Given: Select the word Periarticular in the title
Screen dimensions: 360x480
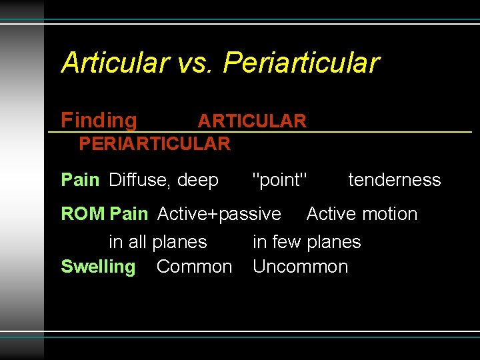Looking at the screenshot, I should tap(301, 63).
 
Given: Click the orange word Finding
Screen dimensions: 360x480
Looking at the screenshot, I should tap(99, 121).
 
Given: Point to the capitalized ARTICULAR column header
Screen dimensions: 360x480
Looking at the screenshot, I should tap(252, 121).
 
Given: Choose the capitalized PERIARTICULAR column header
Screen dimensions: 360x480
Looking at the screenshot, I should tap(154, 143).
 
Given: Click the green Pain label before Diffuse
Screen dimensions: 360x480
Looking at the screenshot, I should tap(80, 180).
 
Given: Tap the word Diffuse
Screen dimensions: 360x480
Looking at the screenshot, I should tap(139, 180).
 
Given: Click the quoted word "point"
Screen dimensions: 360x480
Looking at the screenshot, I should tap(280, 180).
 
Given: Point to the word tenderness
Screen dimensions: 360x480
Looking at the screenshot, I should tap(395, 180).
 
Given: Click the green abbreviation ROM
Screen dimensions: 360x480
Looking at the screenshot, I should tap(83, 214).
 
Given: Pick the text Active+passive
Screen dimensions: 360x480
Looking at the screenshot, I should tap(219, 214).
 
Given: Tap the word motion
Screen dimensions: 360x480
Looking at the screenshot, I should tap(390, 214).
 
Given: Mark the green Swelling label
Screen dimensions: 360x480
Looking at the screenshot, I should tap(98, 267).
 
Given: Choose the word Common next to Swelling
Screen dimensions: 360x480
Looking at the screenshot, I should tap(194, 267).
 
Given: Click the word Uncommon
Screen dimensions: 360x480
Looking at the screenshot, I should tap(300, 267).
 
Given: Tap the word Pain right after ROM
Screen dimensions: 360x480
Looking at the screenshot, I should tap(129, 214).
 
